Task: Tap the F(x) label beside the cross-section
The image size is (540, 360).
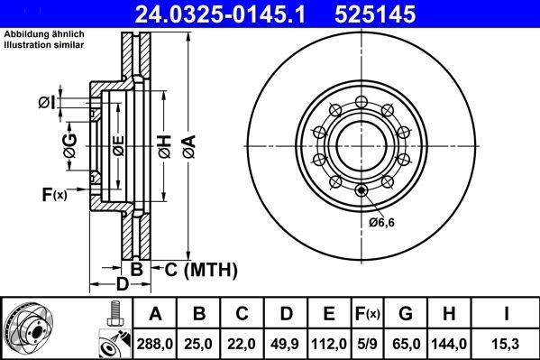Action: point(54,194)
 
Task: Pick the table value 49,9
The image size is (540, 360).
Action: point(285,343)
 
